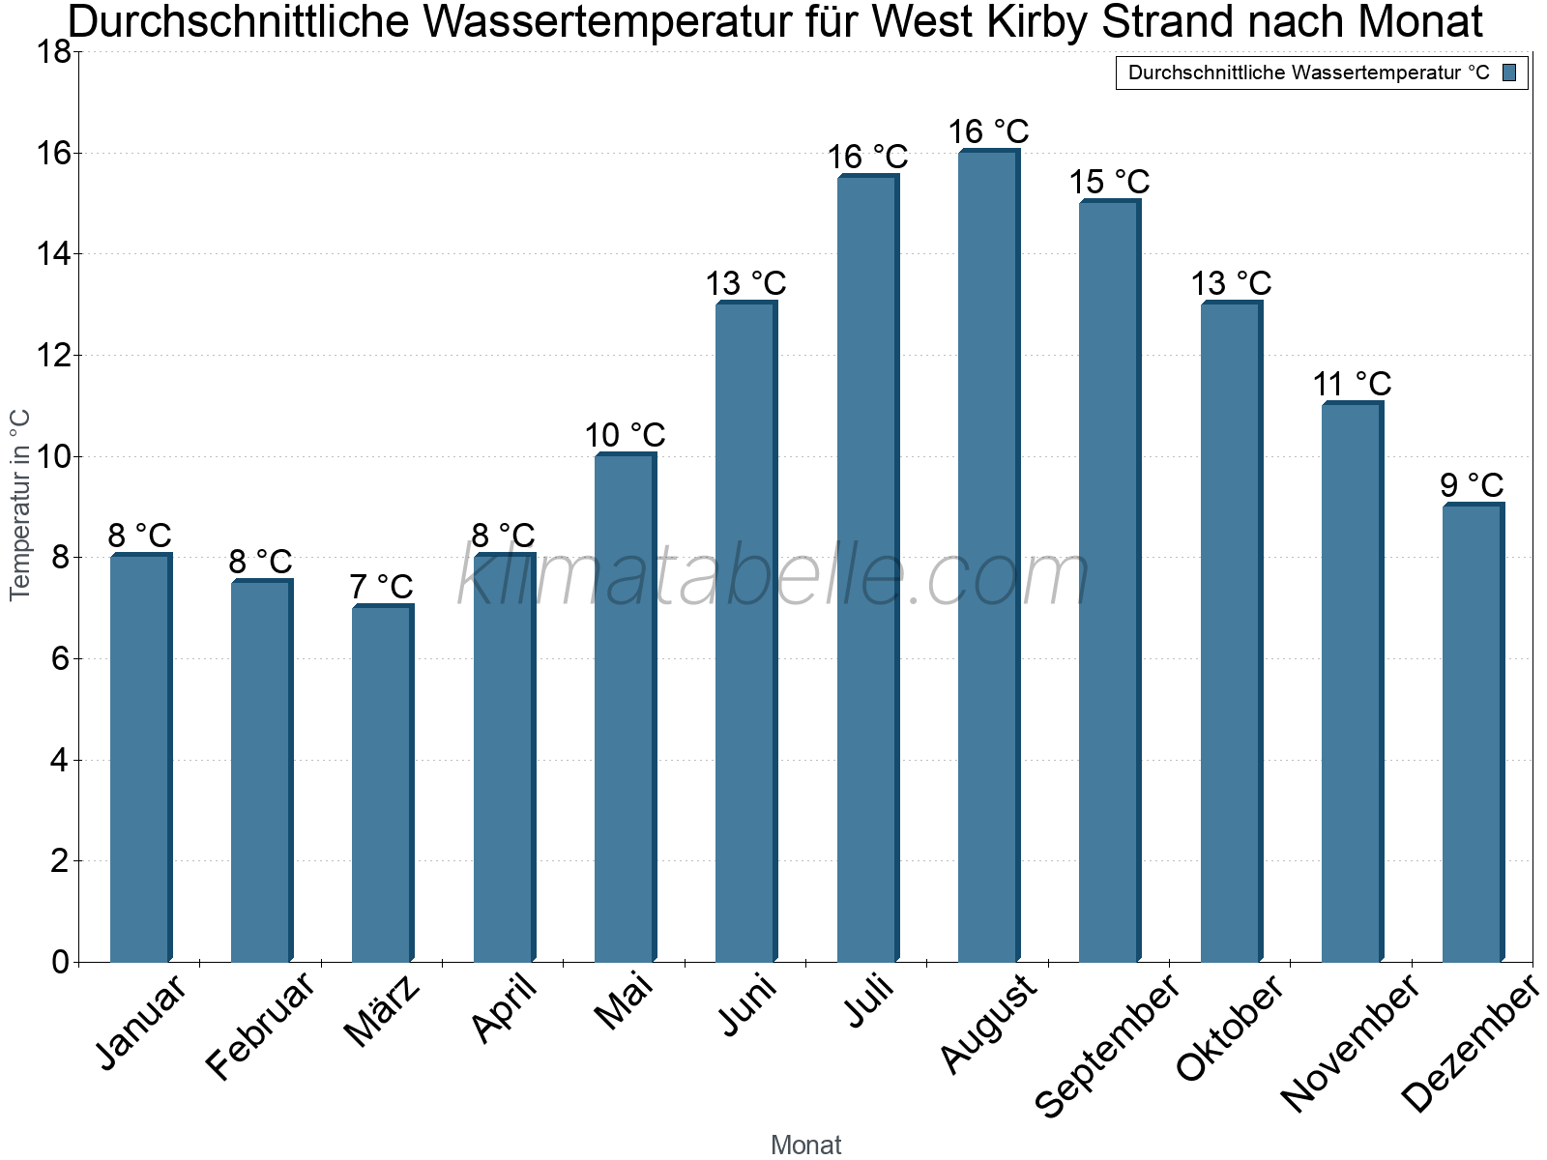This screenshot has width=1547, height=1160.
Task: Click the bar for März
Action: tap(383, 782)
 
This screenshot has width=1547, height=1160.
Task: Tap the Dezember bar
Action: tap(1474, 732)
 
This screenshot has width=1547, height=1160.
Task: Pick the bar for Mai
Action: tap(626, 708)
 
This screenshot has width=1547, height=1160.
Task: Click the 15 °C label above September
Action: tap(1109, 182)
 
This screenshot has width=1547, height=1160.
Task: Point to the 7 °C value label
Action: tap(381, 586)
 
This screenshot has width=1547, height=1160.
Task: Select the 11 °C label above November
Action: tap(1352, 384)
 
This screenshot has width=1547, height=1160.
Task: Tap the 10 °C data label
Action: tap(626, 435)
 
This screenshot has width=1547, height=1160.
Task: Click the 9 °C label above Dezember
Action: tap(1472, 484)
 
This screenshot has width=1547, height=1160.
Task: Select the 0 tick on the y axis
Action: tap(61, 962)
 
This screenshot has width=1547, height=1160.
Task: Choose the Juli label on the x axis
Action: tap(869, 1001)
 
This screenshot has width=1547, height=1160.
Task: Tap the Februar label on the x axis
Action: tap(259, 1025)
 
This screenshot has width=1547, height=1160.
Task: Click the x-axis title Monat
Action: tap(806, 1145)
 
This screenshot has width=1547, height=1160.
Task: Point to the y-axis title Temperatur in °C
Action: tap(19, 505)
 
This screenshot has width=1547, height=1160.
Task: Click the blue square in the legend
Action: tap(1509, 72)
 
